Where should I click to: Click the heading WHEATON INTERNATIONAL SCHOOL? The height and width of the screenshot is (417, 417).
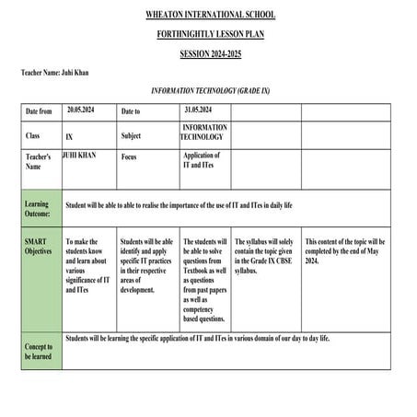pyautogui.click(x=210, y=16)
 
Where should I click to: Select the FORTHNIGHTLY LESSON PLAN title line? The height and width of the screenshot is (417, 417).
pyautogui.click(x=210, y=35)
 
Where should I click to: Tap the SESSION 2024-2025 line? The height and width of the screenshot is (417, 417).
pyautogui.click(x=210, y=54)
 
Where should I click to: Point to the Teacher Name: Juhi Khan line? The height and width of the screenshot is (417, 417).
pyautogui.click(x=55, y=73)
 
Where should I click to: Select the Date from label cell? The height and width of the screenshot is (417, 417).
pyautogui.click(x=41, y=111)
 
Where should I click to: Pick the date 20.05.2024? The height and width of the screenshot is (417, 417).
pyautogui.click(x=81, y=110)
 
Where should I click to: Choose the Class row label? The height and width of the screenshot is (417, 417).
pyautogui.click(x=34, y=135)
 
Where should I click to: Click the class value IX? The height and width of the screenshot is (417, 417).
pyautogui.click(x=69, y=136)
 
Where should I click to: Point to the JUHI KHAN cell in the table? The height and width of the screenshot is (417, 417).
pyautogui.click(x=78, y=156)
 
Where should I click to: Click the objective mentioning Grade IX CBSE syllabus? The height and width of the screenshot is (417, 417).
pyautogui.click(x=265, y=257)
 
